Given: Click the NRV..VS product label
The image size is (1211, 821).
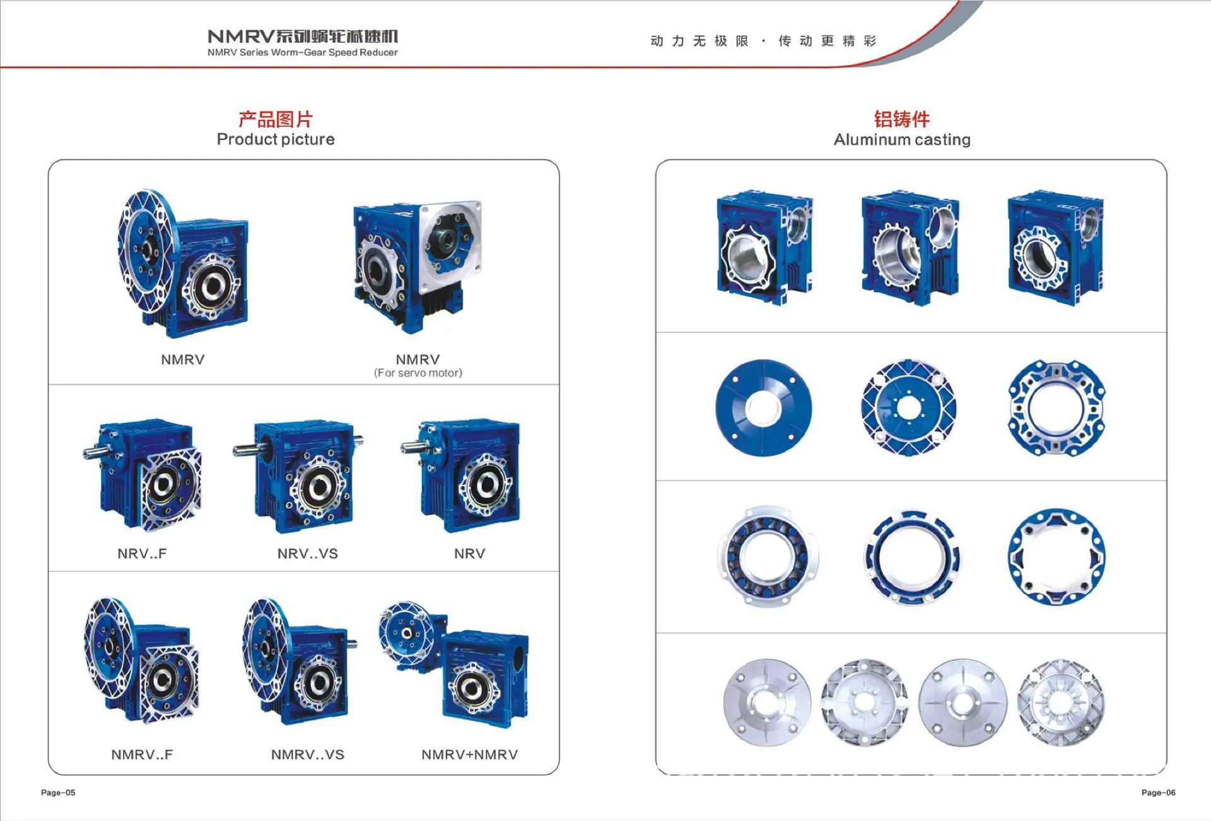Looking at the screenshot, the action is pyautogui.click(x=308, y=554).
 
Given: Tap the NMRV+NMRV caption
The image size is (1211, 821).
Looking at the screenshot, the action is pyautogui.click(x=470, y=755).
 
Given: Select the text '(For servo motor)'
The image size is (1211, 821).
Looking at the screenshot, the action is pyautogui.click(x=418, y=373).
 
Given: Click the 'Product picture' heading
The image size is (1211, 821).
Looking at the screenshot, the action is pyautogui.click(x=276, y=139).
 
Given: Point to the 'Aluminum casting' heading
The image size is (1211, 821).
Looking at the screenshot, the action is pyautogui.click(x=902, y=139).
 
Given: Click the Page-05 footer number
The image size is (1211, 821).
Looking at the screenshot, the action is pyautogui.click(x=58, y=793).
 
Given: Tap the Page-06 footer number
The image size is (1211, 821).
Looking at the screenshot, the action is pyautogui.click(x=1159, y=793).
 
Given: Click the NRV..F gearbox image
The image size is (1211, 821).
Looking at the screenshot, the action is pyautogui.click(x=143, y=475).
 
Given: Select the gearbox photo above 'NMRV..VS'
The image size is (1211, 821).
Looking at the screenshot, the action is pyautogui.click(x=300, y=661).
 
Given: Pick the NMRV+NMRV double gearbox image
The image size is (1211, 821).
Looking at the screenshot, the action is pyautogui.click(x=454, y=665).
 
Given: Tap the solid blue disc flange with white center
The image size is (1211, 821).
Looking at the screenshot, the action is pyautogui.click(x=763, y=407).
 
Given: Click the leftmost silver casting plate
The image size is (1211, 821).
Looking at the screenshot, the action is pyautogui.click(x=767, y=702).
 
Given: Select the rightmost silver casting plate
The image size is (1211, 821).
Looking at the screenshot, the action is pyautogui.click(x=1061, y=702).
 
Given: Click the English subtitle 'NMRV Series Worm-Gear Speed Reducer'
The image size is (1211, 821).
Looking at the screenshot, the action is pyautogui.click(x=303, y=53).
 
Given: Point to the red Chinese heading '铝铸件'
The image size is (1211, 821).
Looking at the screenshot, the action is pyautogui.click(x=902, y=119).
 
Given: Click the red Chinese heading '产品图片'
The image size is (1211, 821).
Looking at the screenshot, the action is pyautogui.click(x=276, y=119).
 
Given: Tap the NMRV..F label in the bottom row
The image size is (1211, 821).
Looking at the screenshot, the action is pyautogui.click(x=142, y=755).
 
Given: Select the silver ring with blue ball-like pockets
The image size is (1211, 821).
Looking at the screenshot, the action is pyautogui.click(x=767, y=557).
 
